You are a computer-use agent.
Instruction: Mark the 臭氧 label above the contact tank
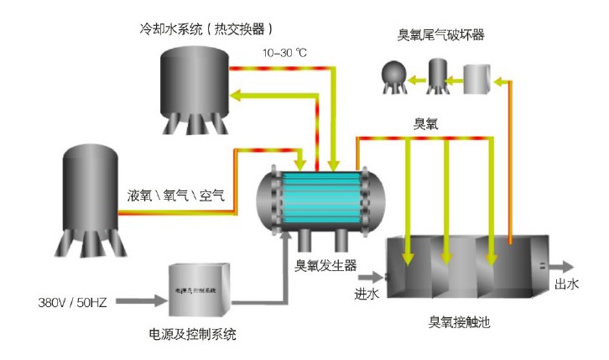pos(427,123)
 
